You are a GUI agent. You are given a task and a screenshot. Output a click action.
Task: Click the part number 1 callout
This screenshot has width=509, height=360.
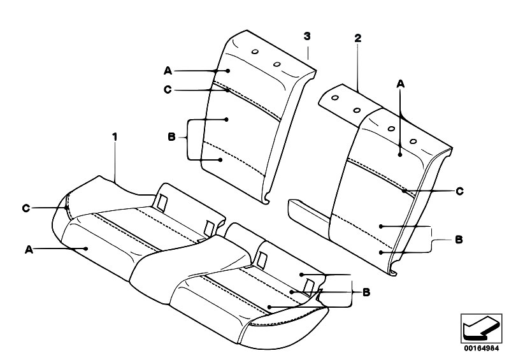pos(115,137)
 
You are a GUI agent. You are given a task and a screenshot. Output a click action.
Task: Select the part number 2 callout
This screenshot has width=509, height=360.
pos(357,38)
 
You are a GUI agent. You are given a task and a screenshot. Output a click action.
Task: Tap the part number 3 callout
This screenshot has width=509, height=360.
pos(307,36)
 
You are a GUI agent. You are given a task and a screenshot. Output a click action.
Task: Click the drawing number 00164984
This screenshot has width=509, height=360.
pos(481,349)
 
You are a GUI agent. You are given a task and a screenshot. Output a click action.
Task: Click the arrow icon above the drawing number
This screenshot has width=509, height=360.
pos(481,328)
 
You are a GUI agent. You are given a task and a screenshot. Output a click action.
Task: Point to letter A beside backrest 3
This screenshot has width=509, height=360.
pos(168,71)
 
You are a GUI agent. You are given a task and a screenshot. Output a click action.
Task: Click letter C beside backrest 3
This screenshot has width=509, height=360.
pos(168,90)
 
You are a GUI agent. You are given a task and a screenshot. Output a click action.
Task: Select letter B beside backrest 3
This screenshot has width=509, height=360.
pos(171,136)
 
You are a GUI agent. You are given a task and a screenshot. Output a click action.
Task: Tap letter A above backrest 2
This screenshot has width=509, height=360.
pos(401,84)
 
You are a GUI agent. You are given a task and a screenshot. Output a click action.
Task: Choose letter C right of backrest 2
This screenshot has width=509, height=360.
pos(460,191)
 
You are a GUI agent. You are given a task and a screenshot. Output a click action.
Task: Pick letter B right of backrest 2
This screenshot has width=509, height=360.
pos(459,240)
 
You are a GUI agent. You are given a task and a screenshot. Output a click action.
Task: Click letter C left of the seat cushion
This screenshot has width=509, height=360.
pos(26,208)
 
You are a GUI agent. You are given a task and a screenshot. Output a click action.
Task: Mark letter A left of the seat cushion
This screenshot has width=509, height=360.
pos(29,250)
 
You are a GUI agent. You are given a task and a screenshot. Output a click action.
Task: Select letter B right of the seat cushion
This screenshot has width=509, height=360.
pos(366,292)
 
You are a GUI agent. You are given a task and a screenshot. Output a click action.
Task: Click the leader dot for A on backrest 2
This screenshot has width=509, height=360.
pos(400,155)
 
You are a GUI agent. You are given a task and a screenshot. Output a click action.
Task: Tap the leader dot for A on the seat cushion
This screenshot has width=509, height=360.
pos(86,248)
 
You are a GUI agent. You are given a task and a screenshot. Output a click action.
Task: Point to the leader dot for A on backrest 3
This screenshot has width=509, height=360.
pos(228,71)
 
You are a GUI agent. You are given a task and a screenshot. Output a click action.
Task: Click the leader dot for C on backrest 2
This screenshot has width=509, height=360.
pos(404,191)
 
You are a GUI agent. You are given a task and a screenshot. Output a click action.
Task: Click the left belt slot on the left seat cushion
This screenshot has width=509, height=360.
pos(162,203)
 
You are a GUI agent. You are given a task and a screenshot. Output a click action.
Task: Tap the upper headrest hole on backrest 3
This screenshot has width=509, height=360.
pos(255,52)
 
